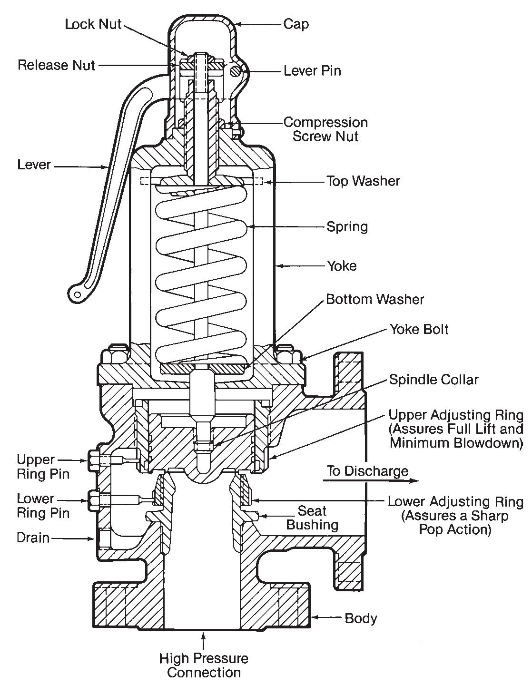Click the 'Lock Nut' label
[x=93, y=24]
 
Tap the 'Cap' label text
[x=296, y=24]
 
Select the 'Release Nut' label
[x=56, y=65]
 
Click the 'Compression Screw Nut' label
[x=325, y=129]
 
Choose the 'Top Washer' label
[x=363, y=181]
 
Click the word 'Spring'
[x=347, y=226]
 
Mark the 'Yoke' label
[x=342, y=265]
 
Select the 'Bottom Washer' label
[x=375, y=299]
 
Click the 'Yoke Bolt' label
[x=419, y=329]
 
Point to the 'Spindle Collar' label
[x=433, y=379]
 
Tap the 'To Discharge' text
[x=367, y=471]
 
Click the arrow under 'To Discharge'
[x=371, y=481]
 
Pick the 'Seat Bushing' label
[x=312, y=518]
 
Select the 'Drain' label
[x=33, y=538]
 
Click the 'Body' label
[x=361, y=618]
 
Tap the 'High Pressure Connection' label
[x=204, y=665]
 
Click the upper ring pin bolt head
[x=93, y=460]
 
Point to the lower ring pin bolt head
[x=93, y=500]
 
